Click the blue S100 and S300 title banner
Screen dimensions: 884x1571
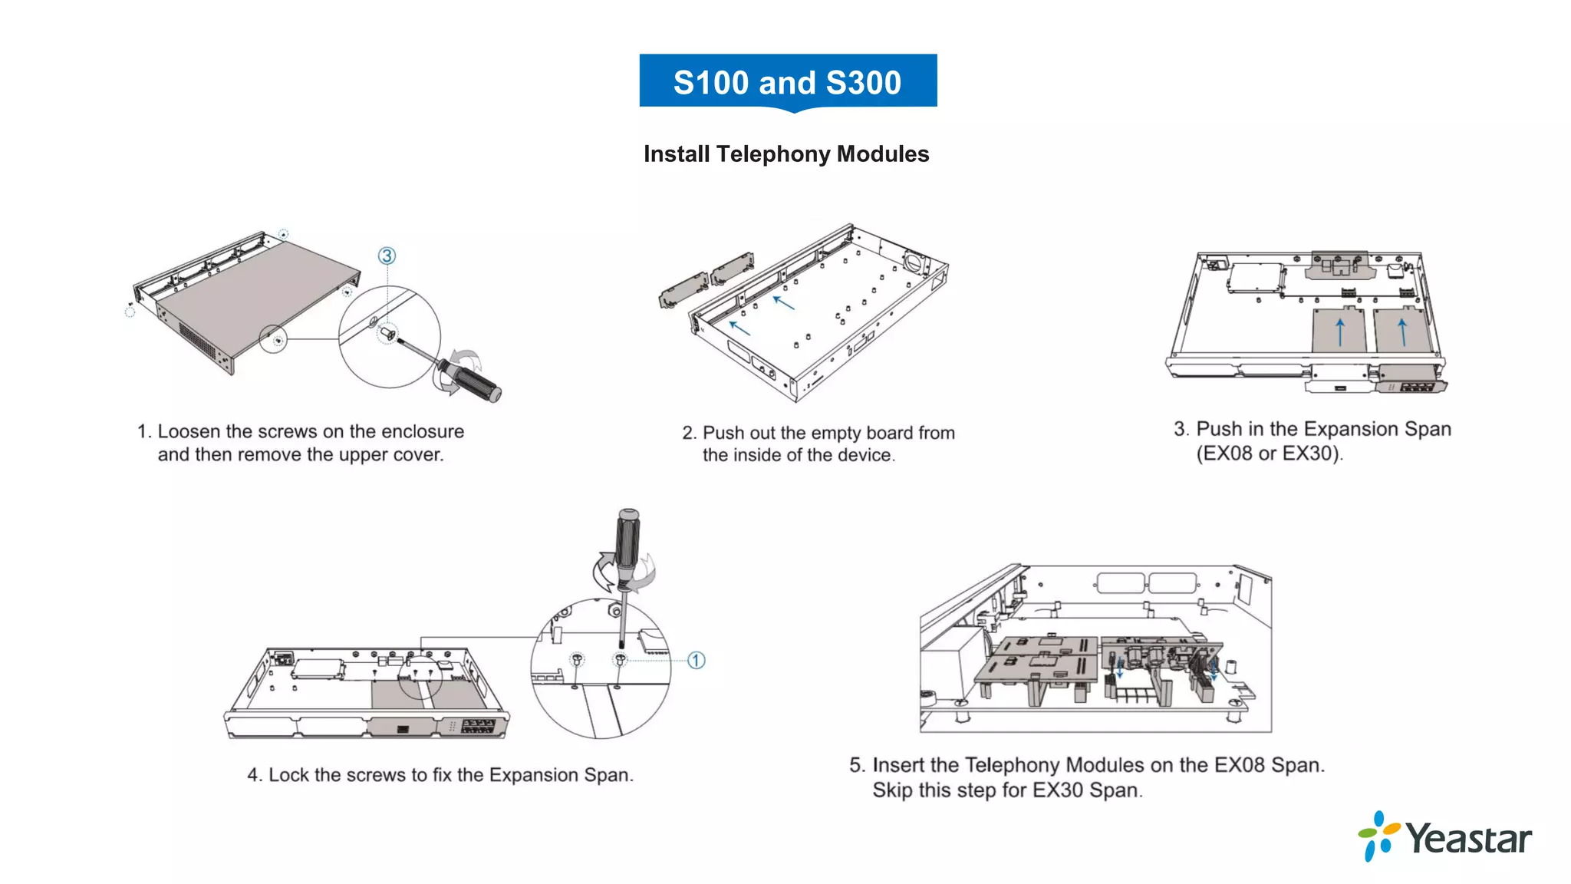tap(788, 82)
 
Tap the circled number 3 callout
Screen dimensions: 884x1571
tap(387, 256)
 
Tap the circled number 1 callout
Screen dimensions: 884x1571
tap(696, 660)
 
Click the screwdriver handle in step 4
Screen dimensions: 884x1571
tap(627, 541)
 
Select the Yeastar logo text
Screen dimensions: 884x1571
tap(1468, 839)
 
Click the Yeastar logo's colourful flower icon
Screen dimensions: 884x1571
tap(1378, 836)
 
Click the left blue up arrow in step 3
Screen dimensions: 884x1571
tap(1340, 332)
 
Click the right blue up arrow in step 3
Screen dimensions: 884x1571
tap(1402, 332)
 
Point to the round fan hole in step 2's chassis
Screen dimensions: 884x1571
tap(914, 262)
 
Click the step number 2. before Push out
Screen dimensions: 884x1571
tap(690, 433)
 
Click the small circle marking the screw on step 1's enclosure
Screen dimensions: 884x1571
tap(274, 338)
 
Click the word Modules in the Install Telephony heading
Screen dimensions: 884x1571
tap(883, 154)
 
